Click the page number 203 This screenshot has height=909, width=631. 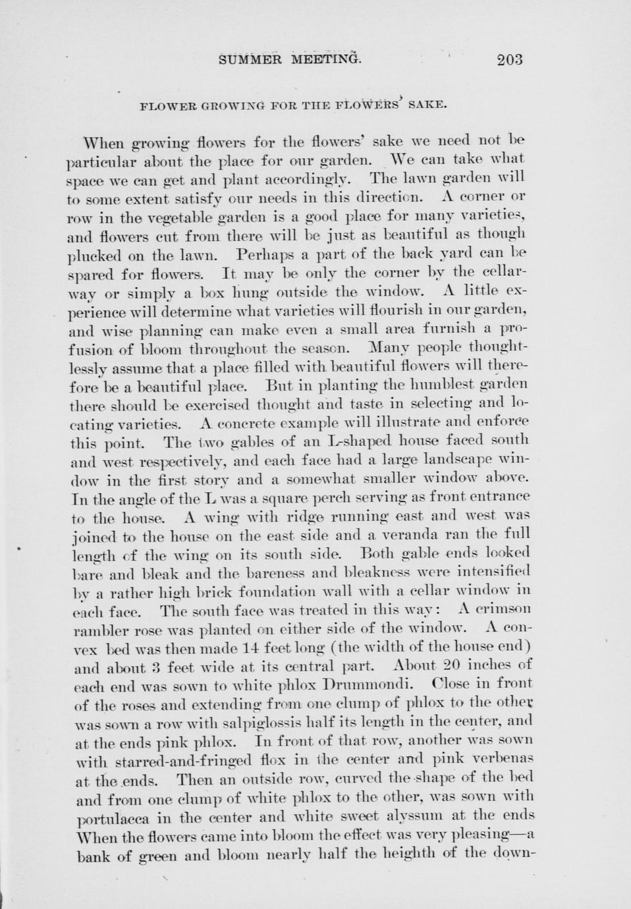(510, 60)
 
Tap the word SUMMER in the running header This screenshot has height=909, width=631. (250, 60)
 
